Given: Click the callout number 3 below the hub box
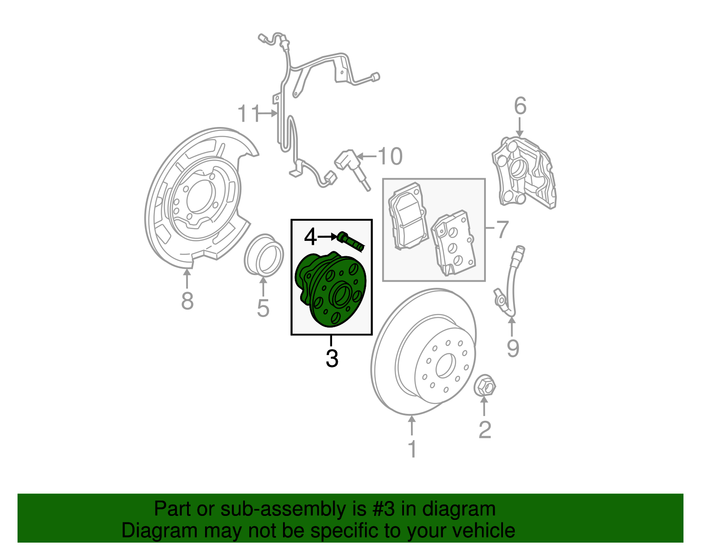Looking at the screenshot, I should click(332, 358).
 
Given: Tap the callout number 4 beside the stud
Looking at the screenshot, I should click(310, 237).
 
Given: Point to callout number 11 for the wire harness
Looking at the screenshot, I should click(249, 113).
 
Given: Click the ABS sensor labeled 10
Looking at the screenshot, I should click(354, 169).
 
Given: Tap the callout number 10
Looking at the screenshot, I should click(389, 156).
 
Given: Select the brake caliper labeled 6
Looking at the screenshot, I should click(524, 173).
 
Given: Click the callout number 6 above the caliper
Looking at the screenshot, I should click(520, 106).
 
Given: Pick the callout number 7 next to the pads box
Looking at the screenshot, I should click(502, 229).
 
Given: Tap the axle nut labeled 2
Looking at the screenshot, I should click(485, 386).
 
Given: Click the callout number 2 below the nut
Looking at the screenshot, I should click(485, 430).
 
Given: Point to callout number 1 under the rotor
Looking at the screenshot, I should click(412, 449).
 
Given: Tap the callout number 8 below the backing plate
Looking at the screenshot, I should click(187, 301).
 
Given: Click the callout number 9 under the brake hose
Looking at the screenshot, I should click(513, 348).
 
